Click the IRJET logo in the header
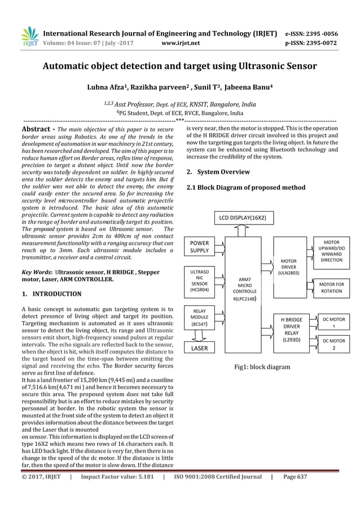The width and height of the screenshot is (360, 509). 29,36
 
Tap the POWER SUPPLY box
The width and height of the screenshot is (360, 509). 199,247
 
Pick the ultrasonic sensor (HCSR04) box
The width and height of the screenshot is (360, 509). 199,280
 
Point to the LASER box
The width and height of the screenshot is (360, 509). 199,348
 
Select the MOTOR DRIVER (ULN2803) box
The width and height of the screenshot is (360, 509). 292,266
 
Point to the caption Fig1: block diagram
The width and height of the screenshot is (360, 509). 262,367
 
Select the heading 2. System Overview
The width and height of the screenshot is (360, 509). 218,172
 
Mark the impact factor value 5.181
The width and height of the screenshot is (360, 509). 141,477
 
